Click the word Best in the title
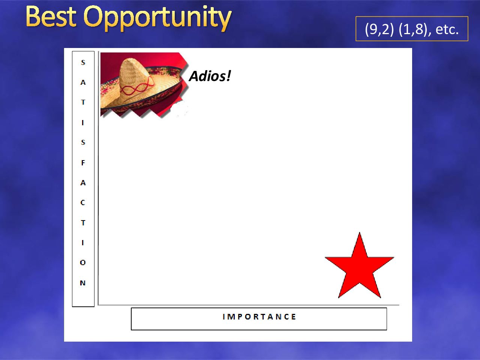[x=51, y=17]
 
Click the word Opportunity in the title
[x=157, y=19]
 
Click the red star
[x=359, y=268]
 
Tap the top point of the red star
[x=359, y=232]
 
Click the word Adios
[x=206, y=76]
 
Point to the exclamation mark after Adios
[x=228, y=76]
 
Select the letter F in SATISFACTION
[x=83, y=163]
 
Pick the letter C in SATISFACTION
[x=82, y=202]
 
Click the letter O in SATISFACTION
[x=82, y=262]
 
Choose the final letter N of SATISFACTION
[x=82, y=283]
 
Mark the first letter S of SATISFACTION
[x=83, y=63]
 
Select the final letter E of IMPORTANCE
[x=294, y=317]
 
